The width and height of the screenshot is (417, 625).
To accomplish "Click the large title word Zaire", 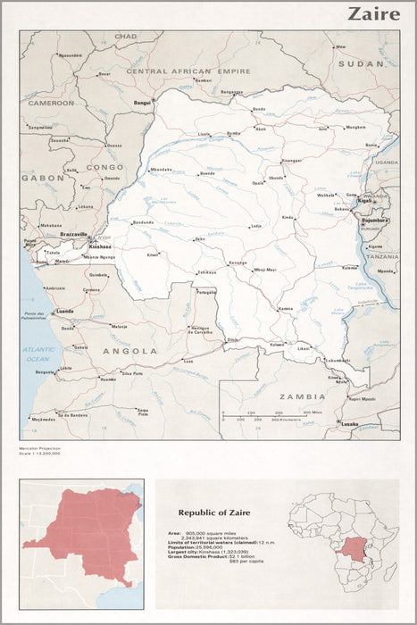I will (373, 13).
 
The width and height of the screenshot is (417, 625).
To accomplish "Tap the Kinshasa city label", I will (101, 246).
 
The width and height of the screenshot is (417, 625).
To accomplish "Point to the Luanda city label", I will (65, 312).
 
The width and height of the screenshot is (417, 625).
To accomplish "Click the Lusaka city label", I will (350, 424).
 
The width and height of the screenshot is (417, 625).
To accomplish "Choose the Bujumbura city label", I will (374, 220).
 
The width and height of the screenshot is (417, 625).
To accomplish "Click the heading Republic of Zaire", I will (215, 512).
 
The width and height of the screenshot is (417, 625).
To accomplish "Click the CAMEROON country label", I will (50, 103).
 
